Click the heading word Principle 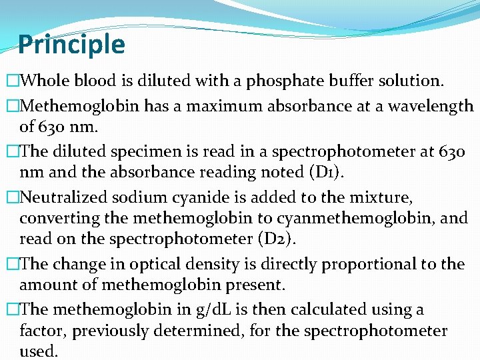click(71, 45)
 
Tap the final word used click(39, 351)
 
